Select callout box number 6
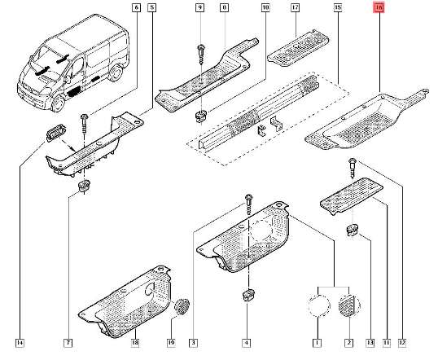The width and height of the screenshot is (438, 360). [x=136, y=8]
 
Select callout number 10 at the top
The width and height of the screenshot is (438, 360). [x=265, y=8]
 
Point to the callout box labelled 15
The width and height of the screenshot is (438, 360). [x=338, y=8]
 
